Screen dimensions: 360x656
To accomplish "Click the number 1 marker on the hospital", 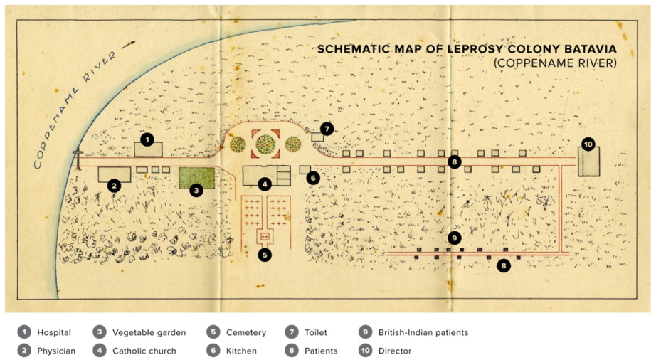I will click(x=147, y=139).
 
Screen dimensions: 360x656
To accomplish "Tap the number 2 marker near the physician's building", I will click(x=113, y=186).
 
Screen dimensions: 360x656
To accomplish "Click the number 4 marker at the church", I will click(x=265, y=184).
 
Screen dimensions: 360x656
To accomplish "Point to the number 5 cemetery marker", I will click(x=265, y=254).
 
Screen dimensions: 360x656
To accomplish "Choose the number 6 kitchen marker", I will click(x=313, y=177).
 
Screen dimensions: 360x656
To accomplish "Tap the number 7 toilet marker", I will click(x=327, y=129).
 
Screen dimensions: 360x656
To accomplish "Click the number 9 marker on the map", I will click(x=455, y=238).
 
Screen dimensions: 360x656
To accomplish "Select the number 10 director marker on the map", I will click(x=588, y=144).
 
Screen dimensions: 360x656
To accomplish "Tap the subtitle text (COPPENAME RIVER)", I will click(x=554, y=63).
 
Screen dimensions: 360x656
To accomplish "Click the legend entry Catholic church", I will click(x=144, y=351).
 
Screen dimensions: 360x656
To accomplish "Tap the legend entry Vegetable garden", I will click(x=149, y=332).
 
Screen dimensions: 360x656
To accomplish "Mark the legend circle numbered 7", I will click(x=292, y=332).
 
